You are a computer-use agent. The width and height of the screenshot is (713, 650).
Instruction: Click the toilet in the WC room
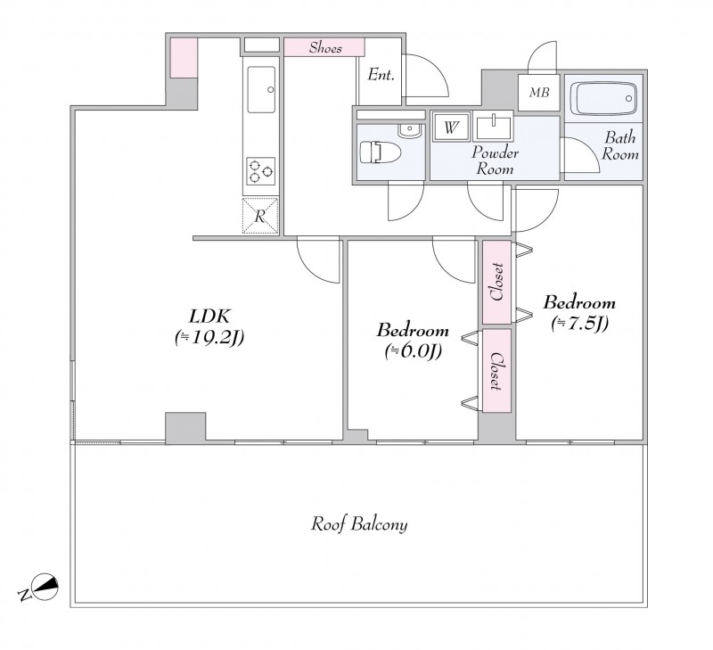click(381, 152)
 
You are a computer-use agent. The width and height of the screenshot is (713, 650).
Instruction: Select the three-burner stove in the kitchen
click(260, 171)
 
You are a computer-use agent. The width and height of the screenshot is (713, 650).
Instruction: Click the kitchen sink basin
click(261, 89)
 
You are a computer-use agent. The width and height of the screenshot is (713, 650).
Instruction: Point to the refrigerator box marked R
click(260, 216)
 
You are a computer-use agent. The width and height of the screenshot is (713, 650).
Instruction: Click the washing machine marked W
click(451, 126)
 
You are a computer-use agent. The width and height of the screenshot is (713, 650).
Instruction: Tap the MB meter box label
click(539, 93)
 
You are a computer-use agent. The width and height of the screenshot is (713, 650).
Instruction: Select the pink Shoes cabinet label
click(325, 47)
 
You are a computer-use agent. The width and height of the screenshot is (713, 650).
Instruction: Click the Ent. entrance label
click(381, 74)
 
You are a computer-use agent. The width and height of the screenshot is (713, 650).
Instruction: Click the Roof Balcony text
click(359, 524)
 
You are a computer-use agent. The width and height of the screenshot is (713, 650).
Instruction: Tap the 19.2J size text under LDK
click(209, 337)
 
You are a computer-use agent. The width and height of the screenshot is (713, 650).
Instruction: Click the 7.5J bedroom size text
click(579, 324)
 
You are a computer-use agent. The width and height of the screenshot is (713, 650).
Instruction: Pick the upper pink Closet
click(496, 283)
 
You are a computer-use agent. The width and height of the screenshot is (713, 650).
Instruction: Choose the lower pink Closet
click(496, 371)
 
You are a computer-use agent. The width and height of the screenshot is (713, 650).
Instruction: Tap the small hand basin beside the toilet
click(410, 130)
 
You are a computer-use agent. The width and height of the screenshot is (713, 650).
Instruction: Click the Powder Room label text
click(495, 160)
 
